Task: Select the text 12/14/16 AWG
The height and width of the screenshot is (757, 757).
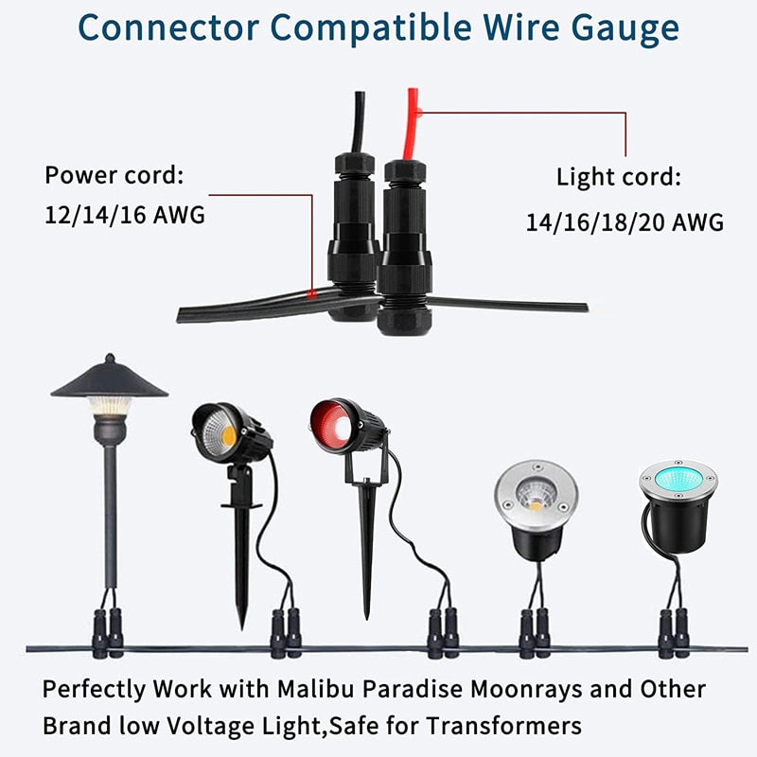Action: pos(124,215)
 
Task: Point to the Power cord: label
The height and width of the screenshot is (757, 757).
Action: pos(114,176)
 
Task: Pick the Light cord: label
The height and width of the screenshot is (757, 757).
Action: pos(618,177)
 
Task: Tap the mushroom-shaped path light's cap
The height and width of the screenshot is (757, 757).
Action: pos(109,379)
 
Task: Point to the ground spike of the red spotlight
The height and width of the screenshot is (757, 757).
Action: pos(367,558)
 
